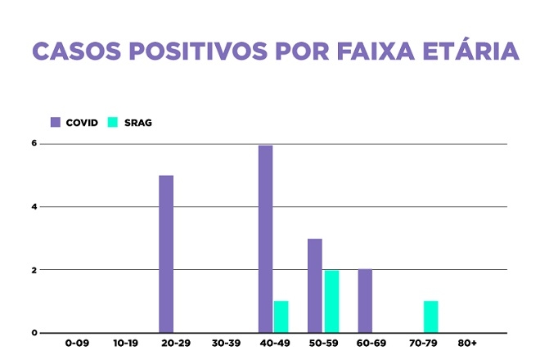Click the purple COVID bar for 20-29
(x=166, y=254)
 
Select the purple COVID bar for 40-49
(x=265, y=239)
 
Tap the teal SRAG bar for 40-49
(x=281, y=317)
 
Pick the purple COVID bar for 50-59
(x=315, y=286)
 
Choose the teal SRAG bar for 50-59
(x=331, y=301)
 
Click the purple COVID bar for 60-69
(x=365, y=301)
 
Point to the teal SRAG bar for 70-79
(x=431, y=317)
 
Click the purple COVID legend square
(x=56, y=123)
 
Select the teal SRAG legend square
(x=113, y=123)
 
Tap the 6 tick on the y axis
(x=35, y=144)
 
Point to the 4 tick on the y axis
(x=35, y=207)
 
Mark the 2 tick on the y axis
(x=35, y=270)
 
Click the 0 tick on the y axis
(x=35, y=333)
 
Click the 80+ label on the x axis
(x=468, y=344)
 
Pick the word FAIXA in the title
(x=366, y=51)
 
